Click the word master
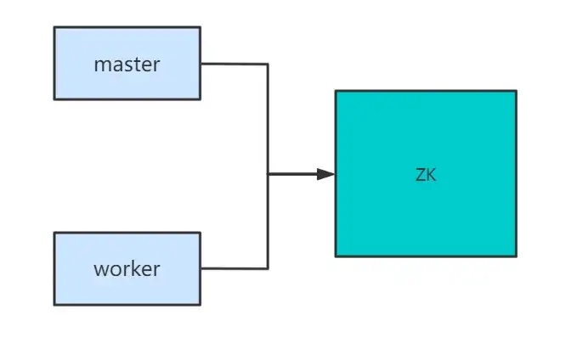[x=127, y=64]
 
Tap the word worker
[x=127, y=269]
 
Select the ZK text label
[x=426, y=175]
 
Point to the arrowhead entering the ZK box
[x=326, y=174]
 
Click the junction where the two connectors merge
[x=269, y=174]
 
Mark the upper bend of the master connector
[x=269, y=64]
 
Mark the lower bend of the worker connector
[x=269, y=268]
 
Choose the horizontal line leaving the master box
[x=234, y=64]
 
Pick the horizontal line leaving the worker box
[x=234, y=268]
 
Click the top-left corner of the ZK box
[x=336, y=92]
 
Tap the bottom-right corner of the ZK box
[x=516, y=256]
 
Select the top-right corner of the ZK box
[x=516, y=92]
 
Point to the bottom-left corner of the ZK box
[x=336, y=256]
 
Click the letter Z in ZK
[x=421, y=175]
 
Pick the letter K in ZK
[x=431, y=175]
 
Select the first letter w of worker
[x=100, y=270]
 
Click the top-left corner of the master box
[x=55, y=27]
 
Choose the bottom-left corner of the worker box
[x=55, y=304]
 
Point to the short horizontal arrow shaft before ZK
[x=293, y=174]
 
